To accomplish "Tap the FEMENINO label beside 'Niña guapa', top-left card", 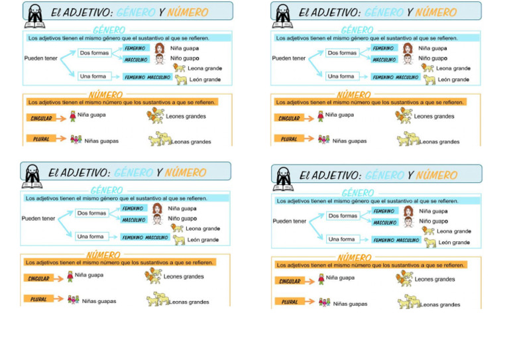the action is pos(135,48).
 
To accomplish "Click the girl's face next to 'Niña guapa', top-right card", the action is pos(408,48).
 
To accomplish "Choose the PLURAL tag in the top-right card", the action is pos(288,139).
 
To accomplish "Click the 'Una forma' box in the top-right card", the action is pos(341,76).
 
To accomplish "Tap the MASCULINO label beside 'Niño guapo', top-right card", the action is pos(384,60).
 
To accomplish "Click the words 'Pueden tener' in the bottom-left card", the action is pos(38,218).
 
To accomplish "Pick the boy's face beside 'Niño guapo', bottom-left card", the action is pos(157,219).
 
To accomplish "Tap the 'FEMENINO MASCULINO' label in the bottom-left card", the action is pos(145,237).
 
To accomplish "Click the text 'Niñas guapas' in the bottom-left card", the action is pos(100,301).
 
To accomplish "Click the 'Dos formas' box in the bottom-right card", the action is pos(343,215).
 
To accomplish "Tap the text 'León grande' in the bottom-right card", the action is pos(454,243).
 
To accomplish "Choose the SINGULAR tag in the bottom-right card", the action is pos(289,281).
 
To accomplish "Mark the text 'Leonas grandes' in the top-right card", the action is pos(440,142).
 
